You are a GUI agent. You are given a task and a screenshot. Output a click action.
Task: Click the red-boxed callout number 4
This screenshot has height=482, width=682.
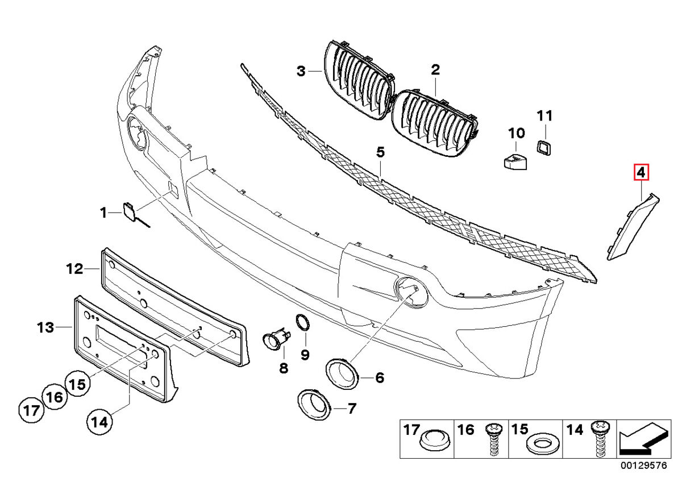[641, 172]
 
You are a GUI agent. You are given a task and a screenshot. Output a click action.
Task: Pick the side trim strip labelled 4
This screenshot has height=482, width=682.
[631, 227]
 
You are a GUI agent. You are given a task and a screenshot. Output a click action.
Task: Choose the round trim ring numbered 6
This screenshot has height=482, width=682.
[342, 373]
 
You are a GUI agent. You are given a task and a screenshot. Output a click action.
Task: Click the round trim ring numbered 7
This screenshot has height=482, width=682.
[314, 404]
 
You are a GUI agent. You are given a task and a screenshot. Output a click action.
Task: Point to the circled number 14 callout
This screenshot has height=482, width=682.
[99, 422]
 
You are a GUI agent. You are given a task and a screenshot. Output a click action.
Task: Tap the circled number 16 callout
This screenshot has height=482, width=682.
[55, 397]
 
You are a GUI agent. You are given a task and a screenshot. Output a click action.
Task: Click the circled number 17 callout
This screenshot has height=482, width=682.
[32, 409]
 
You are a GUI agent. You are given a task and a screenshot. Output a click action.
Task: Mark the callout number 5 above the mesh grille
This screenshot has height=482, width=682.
[380, 152]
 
